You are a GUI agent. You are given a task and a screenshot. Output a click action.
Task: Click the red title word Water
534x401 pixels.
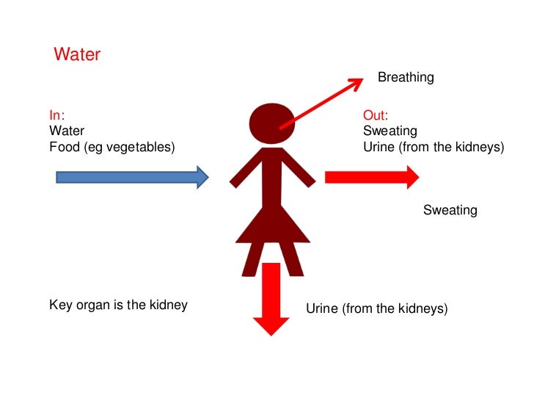point(77,55)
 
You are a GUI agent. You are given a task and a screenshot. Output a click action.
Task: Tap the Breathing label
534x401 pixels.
point(405,77)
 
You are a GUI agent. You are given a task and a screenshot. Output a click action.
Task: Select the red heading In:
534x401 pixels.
point(56,115)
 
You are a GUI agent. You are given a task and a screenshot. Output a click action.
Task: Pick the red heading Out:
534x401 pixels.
point(376,115)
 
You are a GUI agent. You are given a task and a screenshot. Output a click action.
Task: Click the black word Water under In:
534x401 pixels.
point(67,131)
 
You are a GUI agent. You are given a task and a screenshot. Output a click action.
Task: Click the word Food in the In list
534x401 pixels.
point(64,147)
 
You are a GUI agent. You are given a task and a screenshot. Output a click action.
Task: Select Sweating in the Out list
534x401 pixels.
point(389,131)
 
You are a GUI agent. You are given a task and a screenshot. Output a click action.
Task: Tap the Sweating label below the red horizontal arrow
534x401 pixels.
point(450,211)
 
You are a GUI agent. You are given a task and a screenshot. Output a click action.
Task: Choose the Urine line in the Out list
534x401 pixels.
point(434,147)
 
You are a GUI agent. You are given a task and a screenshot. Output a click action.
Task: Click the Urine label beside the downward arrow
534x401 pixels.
point(376,308)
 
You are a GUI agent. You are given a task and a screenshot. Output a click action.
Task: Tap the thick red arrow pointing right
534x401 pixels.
point(371,177)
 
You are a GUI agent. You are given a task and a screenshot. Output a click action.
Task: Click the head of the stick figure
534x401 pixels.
point(271,122)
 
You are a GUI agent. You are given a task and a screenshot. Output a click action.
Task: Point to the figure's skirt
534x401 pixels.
point(271,224)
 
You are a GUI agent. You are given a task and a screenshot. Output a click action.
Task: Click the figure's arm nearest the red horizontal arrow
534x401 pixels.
point(299,169)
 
